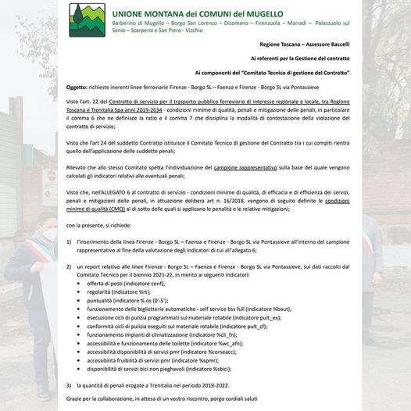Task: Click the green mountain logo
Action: (88, 24)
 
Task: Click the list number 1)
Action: (70, 243)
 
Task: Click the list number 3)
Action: (70, 384)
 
